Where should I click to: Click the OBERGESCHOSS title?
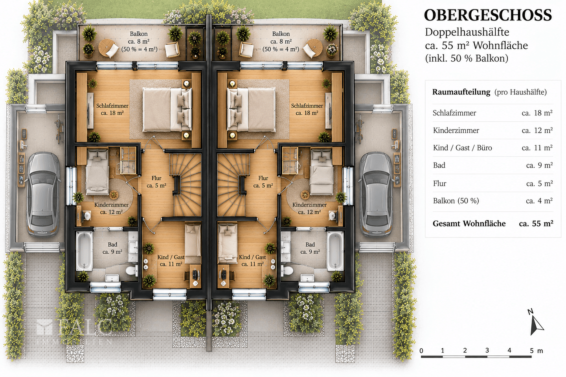pyautogui.click(x=488, y=15)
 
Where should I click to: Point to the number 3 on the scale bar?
pyautogui.click(x=487, y=350)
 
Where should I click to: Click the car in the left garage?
pyautogui.click(x=44, y=194)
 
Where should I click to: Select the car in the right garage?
pyautogui.click(x=376, y=194)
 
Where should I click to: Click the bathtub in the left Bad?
pyautogui.click(x=84, y=251)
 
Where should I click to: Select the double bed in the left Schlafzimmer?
pyautogui.click(x=167, y=110)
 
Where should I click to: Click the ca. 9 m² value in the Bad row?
pyautogui.click(x=539, y=165)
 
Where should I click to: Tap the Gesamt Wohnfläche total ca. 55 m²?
pyautogui.click(x=536, y=223)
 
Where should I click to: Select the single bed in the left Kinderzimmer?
pyautogui.click(x=97, y=172)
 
